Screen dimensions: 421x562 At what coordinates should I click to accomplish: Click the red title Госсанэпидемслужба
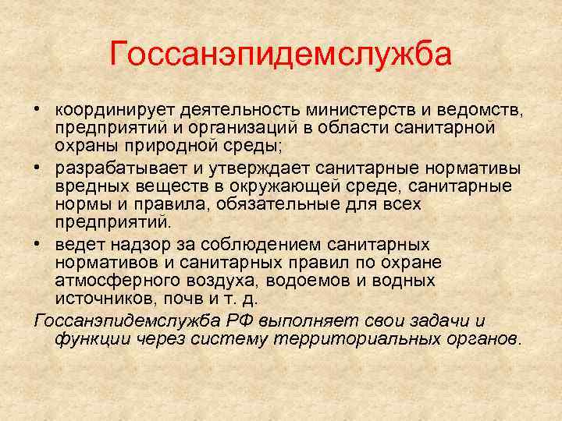281,55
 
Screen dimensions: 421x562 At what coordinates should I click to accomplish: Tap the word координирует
107,108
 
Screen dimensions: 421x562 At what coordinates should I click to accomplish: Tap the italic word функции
89,339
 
